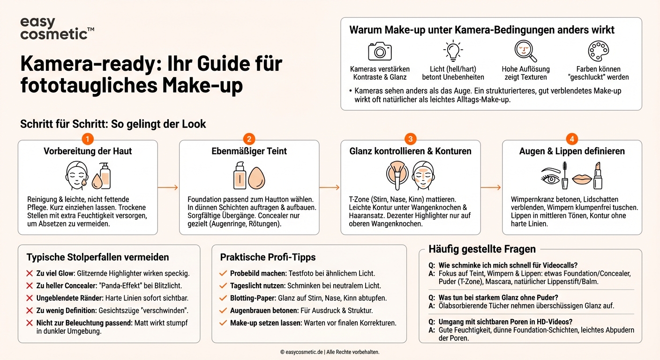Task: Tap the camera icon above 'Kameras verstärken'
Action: (x=380, y=51)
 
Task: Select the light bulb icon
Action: (x=453, y=51)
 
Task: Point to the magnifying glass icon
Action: (x=525, y=51)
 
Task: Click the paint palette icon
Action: (x=598, y=51)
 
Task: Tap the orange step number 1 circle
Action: (x=88, y=139)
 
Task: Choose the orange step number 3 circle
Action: (x=410, y=139)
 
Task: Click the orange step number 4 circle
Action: (x=572, y=139)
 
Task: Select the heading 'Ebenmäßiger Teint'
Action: (x=249, y=151)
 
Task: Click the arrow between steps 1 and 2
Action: (x=168, y=187)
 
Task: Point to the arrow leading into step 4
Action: (x=491, y=187)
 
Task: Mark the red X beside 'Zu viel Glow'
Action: (x=30, y=273)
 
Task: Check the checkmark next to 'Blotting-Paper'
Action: (x=223, y=298)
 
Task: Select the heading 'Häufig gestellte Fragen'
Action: (x=482, y=249)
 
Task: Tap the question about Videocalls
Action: (x=508, y=265)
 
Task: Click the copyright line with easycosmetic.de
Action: (x=330, y=352)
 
